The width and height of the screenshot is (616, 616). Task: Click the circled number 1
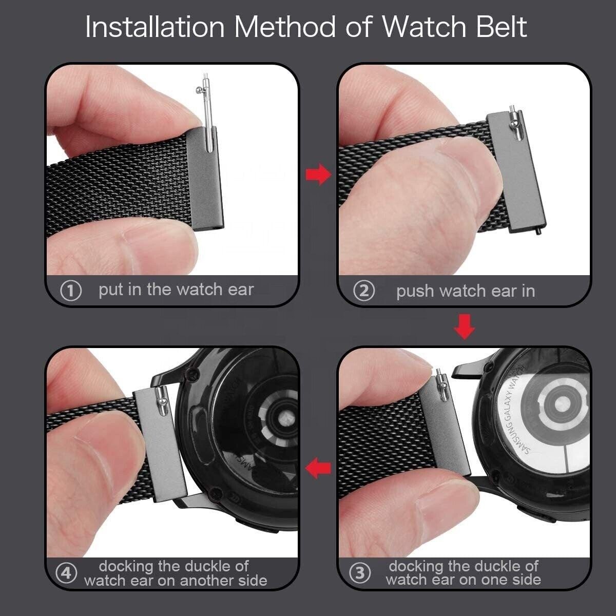71,291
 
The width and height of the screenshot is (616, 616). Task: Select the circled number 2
364,292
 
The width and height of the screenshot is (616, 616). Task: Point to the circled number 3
360,573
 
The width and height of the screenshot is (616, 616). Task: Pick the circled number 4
66,573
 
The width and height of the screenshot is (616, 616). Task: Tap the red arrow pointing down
465,328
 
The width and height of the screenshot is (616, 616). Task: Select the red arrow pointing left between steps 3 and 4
318,468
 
